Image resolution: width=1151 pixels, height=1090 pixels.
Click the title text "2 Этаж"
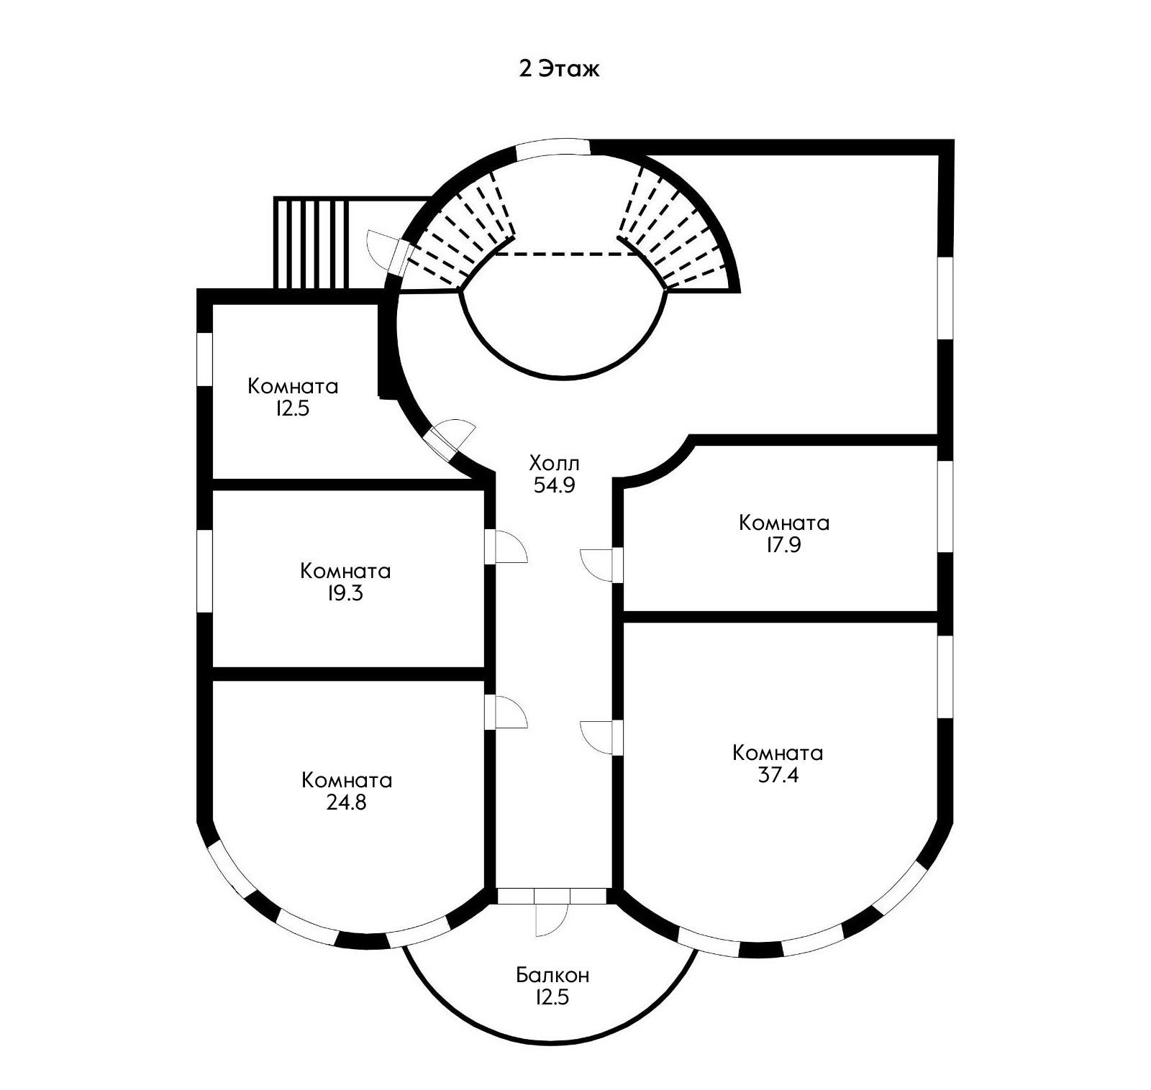[559, 70]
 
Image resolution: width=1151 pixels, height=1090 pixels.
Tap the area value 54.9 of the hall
[554, 485]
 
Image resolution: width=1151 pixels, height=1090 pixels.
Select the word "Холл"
[554, 462]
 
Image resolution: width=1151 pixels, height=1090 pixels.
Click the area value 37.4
[778, 776]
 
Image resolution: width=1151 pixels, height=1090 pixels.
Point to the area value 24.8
[346, 802]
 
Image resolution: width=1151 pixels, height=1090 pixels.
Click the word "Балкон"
[552, 976]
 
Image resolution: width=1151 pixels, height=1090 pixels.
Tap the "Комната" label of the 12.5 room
[293, 386]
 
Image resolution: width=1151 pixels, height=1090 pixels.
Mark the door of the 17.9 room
[599, 564]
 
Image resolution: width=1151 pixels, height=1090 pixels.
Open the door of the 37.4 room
[599, 736]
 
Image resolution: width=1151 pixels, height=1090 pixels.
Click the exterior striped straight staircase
[311, 243]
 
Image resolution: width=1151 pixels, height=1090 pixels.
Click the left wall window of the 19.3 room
[205, 571]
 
